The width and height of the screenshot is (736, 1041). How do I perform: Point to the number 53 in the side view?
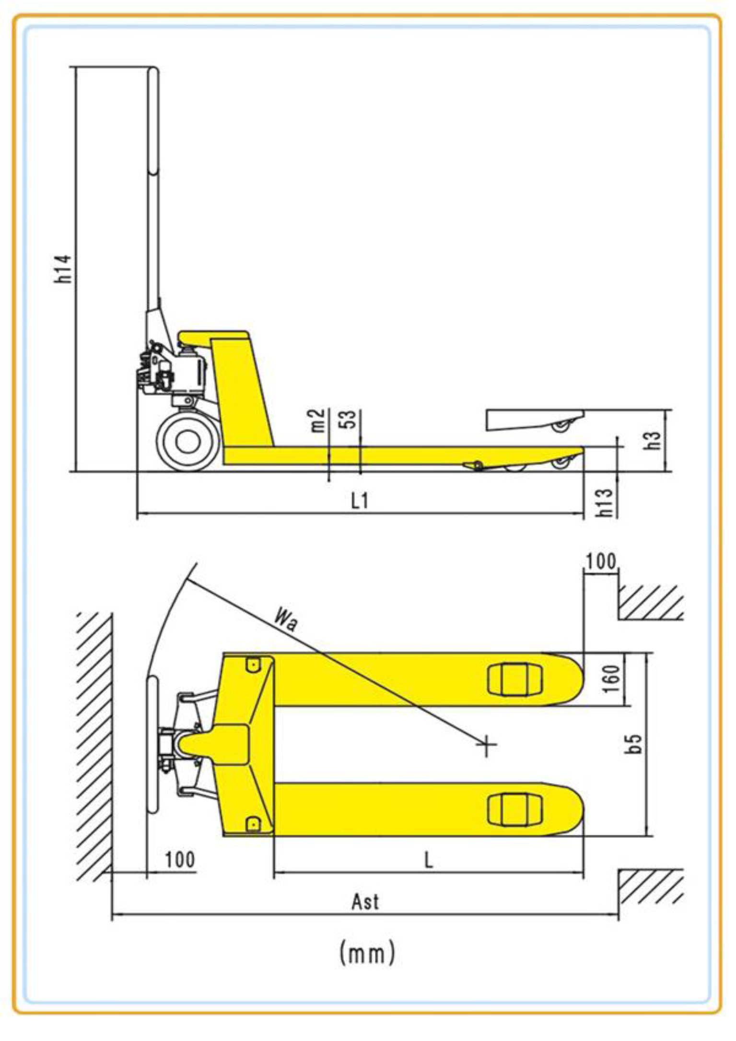[x=350, y=420]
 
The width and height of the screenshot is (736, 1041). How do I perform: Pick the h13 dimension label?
[x=605, y=503]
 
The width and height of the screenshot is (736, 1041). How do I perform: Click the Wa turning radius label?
[x=286, y=619]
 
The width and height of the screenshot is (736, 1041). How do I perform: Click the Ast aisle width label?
[x=365, y=902]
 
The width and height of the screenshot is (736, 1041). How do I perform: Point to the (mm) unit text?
[x=367, y=953]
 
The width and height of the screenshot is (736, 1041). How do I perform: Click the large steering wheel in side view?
[x=188, y=442]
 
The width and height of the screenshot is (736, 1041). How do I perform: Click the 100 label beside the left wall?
[x=180, y=860]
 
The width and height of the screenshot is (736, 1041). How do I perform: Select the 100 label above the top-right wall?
[x=601, y=561]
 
